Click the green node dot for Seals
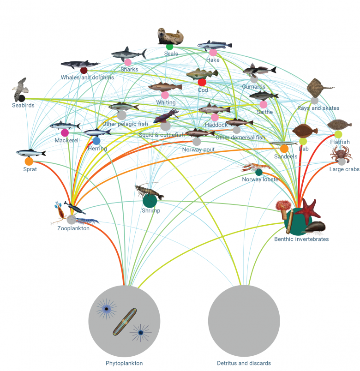tap(169, 46)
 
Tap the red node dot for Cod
tap(202, 82)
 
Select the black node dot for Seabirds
tap(22, 98)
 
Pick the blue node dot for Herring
tap(96, 141)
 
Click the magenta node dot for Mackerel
tap(65, 133)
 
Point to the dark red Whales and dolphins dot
tap(84, 70)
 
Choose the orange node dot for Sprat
tap(29, 162)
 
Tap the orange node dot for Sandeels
tap(284, 149)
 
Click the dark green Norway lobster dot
tap(259, 172)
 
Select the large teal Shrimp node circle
tap(150, 201)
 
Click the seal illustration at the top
tap(170, 35)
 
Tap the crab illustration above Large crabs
tap(341, 153)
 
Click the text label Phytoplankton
tap(124, 363)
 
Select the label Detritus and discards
tap(244, 363)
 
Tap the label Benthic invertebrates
tap(301, 239)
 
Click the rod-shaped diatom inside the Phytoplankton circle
tap(124, 322)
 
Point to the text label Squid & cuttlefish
tap(162, 135)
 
